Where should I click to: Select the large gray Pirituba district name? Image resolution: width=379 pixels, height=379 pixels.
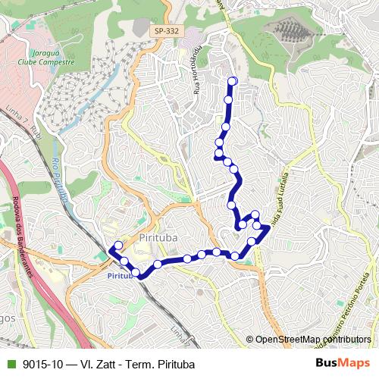coord(158,237)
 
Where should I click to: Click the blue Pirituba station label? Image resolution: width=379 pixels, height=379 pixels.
coord(120,276)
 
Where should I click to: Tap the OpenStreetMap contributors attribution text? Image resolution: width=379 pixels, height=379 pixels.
coord(312,340)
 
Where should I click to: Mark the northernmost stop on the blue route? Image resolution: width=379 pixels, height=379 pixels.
coord(233,81)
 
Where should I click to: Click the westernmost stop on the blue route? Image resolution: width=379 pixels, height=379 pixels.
coord(117,246)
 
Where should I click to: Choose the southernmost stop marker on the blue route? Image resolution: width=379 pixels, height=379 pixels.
coord(136,272)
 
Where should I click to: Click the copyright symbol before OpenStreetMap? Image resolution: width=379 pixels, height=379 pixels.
coord(249,340)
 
